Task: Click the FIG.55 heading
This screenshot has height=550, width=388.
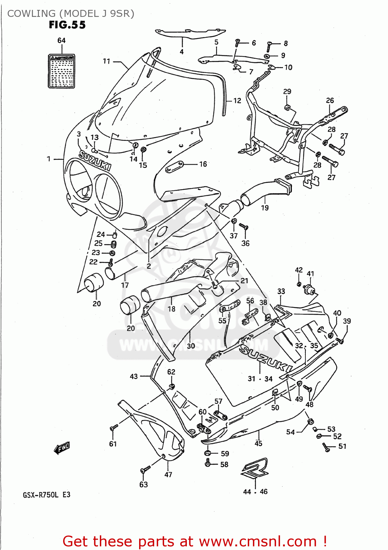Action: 67,25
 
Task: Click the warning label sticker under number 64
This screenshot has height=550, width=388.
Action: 62,71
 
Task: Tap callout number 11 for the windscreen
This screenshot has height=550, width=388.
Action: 106,61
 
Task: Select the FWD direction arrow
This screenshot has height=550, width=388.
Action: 61,448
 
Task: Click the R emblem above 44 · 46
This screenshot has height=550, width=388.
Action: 254,469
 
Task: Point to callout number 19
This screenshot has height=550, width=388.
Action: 265,208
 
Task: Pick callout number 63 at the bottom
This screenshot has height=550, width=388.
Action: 144,484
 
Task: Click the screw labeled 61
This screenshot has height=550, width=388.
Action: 113,428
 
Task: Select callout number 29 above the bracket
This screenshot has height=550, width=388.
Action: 287,91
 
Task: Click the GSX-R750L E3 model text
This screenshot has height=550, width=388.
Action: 46,495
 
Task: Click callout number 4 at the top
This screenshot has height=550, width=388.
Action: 182,52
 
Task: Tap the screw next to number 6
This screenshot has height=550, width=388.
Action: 237,43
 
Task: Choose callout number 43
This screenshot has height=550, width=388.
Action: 134,376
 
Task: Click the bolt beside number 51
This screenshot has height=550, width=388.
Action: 325,447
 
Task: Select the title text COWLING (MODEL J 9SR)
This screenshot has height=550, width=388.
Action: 71,14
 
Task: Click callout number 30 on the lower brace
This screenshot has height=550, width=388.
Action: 191,345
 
